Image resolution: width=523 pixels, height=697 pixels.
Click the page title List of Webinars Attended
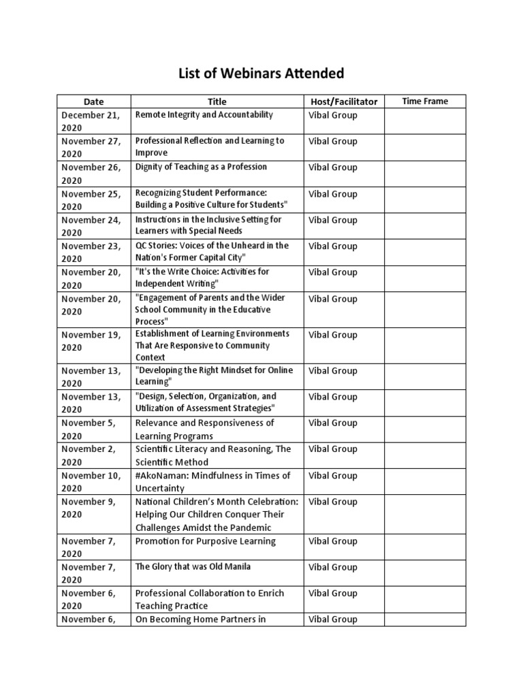[x=261, y=73]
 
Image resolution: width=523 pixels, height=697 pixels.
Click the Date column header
[x=93, y=101]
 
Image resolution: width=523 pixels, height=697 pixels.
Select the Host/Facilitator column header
[x=343, y=101]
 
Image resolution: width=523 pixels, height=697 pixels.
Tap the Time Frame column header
[x=425, y=101]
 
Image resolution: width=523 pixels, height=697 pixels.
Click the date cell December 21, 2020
[x=91, y=121]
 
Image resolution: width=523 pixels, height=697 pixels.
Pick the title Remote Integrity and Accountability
[x=204, y=115]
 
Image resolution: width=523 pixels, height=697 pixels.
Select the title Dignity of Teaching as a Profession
[x=201, y=167]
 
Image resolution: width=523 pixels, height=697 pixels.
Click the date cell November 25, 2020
[x=91, y=200]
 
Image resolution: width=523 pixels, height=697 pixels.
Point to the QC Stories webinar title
[x=212, y=251]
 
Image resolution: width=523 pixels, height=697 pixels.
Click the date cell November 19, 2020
[x=91, y=341]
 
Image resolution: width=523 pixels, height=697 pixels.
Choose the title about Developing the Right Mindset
[x=214, y=376]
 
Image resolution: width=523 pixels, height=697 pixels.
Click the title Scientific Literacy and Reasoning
[x=212, y=455]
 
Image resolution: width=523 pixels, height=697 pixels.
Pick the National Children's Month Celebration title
[x=217, y=514]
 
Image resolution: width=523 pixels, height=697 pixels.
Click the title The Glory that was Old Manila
[x=193, y=566]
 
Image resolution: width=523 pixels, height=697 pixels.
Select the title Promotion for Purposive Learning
[x=205, y=541]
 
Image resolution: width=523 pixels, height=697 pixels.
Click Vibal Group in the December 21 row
[x=332, y=115]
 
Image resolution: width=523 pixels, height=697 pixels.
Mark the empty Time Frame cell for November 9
[x=425, y=514]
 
